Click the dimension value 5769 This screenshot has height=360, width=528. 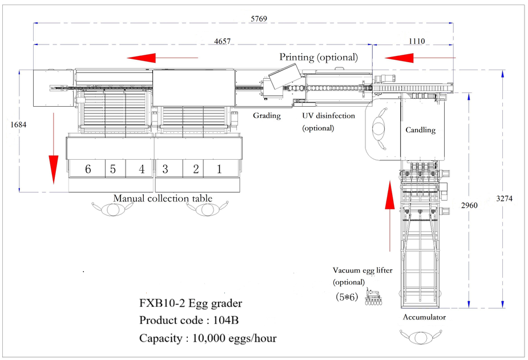pos(259,19)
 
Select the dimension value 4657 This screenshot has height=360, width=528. pos(223,42)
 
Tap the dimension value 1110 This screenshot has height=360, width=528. pos(417,41)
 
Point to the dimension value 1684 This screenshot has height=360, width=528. pos(18,124)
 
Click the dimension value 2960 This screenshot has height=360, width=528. pos(469,205)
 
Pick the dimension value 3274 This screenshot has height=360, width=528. pos(505,199)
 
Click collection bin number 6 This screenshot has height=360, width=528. pos(88,169)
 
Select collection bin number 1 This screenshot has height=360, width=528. pos(219,169)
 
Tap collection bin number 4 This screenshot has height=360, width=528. pos(142,169)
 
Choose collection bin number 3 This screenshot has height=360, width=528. pos(165,169)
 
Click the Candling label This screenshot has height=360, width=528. pos(420,130)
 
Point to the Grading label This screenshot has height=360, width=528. pos(267,116)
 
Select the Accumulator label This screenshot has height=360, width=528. pos(424,317)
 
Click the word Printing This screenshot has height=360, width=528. pos(297,57)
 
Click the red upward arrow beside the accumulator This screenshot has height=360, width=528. pos(390,216)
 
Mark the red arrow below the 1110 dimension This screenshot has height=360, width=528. pos(420,58)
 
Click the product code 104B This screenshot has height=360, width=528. pos(225,320)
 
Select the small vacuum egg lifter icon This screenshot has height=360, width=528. pos(373,297)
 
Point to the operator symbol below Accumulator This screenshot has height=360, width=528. pos(421,337)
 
